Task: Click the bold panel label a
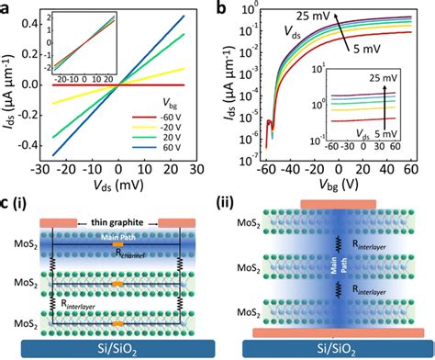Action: coord(7,9)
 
